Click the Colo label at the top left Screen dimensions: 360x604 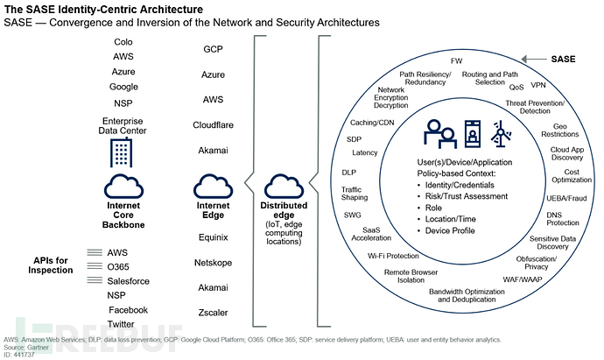[x=123, y=41]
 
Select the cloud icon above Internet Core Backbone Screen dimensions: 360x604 [x=123, y=185]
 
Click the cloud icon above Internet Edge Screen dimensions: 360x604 [x=213, y=185]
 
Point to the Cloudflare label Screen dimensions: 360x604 [x=213, y=125]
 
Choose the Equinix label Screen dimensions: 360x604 [x=213, y=236]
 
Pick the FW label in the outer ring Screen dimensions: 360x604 [x=456, y=61]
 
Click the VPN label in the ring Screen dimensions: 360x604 [x=538, y=86]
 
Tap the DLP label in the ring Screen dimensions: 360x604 [x=348, y=173]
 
